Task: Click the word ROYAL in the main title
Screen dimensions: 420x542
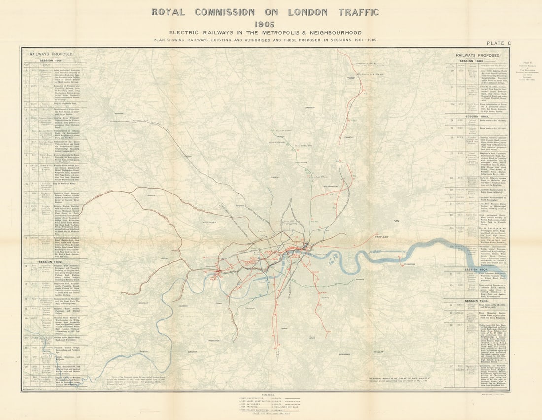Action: point(169,12)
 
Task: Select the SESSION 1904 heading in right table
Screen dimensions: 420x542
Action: point(477,270)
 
